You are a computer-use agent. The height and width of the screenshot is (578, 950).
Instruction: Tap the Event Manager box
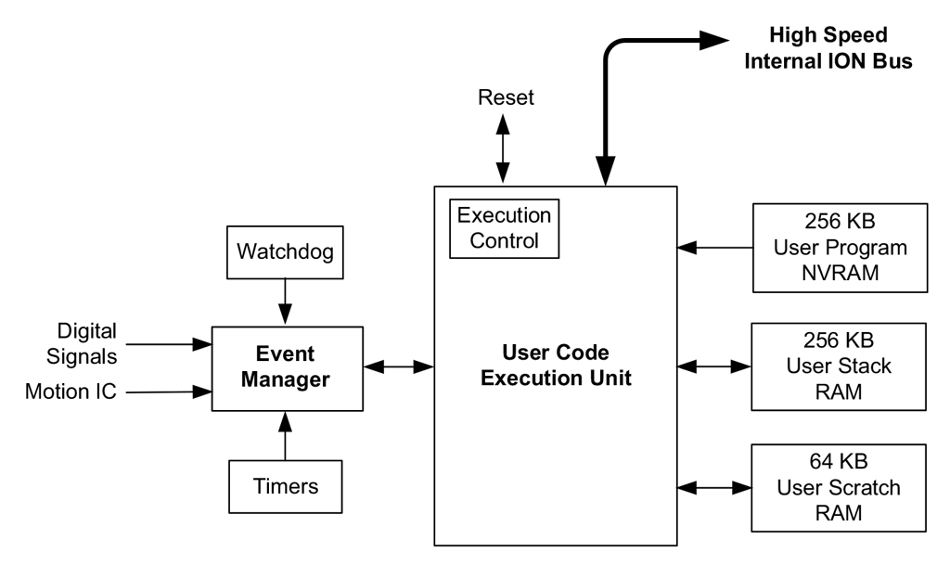pyautogui.click(x=287, y=367)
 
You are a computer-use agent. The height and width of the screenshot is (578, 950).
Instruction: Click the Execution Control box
pyautogui.click(x=506, y=227)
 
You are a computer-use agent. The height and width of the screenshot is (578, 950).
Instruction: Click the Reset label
pyautogui.click(x=506, y=98)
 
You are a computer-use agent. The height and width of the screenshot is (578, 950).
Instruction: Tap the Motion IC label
pyautogui.click(x=71, y=392)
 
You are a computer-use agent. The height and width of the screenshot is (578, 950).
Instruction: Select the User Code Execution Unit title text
pyautogui.click(x=555, y=366)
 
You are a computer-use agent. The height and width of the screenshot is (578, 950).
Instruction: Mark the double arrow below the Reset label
pyautogui.click(x=504, y=148)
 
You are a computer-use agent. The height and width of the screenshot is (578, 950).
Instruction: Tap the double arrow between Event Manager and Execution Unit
pyautogui.click(x=399, y=367)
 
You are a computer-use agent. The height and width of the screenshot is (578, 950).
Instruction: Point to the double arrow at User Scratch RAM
pyautogui.click(x=714, y=486)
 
